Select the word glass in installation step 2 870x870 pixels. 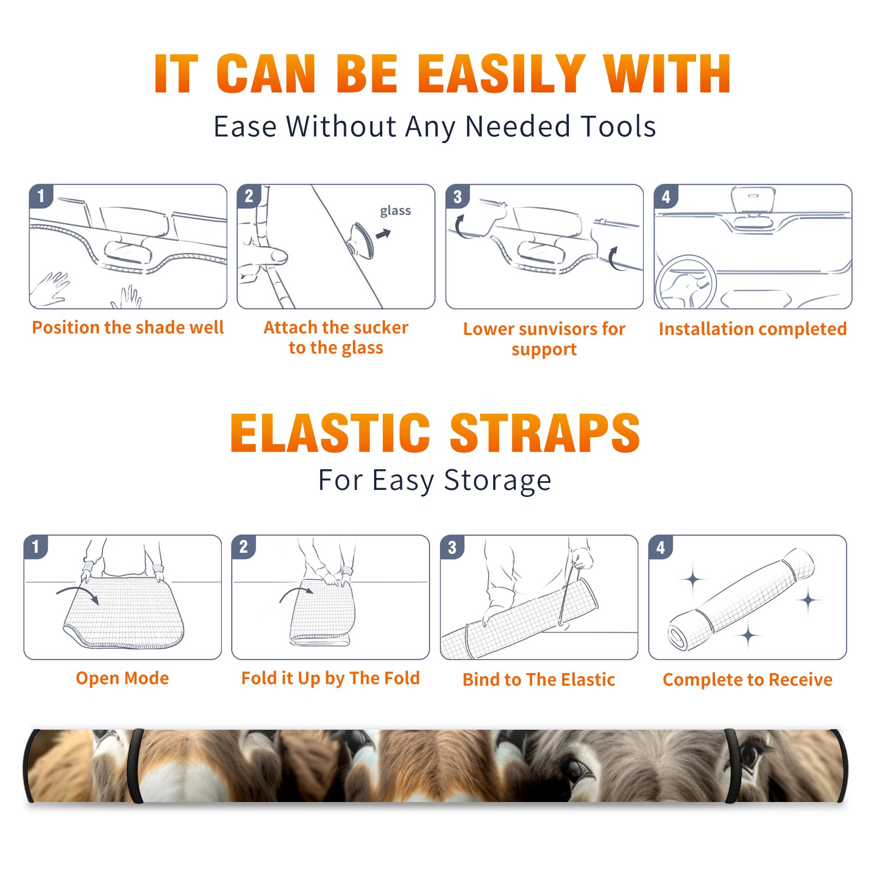395,210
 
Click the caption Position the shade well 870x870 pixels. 128,327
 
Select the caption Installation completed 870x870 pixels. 753,329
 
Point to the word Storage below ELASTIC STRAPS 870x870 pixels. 498,481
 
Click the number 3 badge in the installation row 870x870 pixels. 457,196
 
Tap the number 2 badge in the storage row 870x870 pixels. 244,546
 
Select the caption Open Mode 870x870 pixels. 122,678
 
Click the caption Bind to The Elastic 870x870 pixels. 539,680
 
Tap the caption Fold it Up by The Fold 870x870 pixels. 331,679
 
